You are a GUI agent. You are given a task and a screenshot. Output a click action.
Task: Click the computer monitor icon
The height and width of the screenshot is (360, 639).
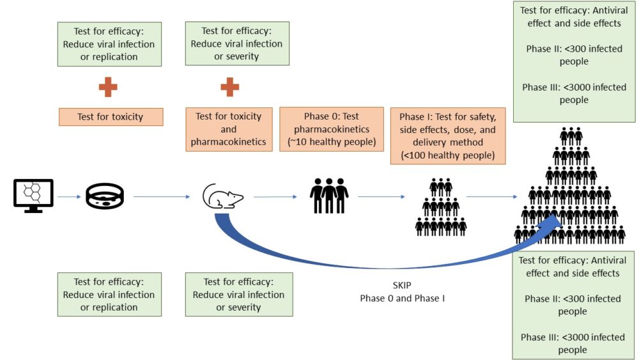tap(33, 195)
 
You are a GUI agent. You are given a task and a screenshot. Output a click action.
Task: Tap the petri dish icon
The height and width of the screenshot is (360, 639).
tap(105, 196)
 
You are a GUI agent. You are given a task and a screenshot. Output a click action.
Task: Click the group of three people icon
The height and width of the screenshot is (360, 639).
tap(329, 195)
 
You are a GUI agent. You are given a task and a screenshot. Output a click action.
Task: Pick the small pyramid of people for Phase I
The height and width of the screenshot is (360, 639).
tap(440, 207)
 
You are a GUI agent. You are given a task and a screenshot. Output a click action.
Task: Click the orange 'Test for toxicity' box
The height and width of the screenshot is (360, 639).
tap(111, 117)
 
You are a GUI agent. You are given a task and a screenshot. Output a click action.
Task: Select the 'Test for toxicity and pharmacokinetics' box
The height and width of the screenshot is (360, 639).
tap(229, 129)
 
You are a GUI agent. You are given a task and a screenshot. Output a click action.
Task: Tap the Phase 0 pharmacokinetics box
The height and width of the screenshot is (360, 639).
tap(332, 129)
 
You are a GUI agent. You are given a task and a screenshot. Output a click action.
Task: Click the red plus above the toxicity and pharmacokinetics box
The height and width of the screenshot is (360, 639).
tap(229, 86)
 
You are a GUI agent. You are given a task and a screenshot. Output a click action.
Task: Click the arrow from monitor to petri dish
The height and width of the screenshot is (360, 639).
tap(70, 196)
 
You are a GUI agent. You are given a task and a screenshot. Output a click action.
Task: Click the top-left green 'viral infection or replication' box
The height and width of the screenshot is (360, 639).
tap(109, 44)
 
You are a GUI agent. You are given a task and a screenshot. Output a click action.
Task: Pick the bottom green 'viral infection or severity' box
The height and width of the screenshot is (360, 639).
tap(238, 295)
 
